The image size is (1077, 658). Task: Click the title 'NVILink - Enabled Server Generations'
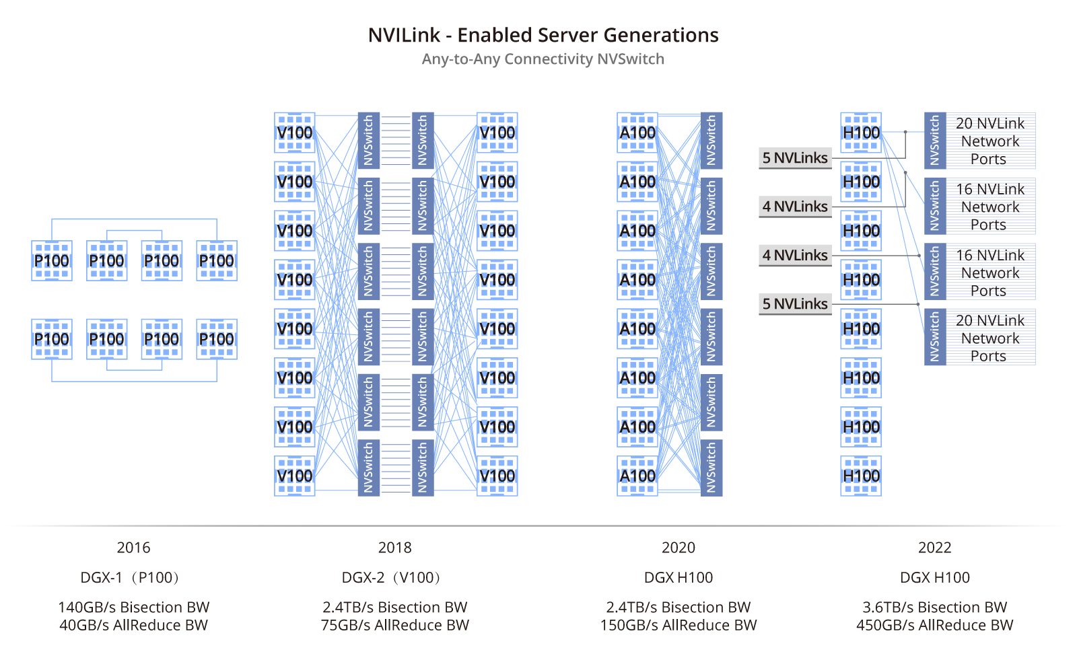coord(543,35)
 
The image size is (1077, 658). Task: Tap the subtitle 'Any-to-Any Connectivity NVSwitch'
coord(543,59)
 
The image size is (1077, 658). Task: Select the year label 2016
coord(133,548)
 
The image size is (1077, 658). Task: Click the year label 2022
coord(934,548)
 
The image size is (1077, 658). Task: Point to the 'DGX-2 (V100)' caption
coord(394,577)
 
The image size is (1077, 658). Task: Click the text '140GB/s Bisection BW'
coord(133,607)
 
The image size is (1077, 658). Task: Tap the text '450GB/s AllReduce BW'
coord(934,625)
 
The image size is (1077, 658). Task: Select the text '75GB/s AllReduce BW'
coord(394,625)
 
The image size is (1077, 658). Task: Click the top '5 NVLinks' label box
coord(795,158)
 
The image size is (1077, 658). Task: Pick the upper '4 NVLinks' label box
coord(795,207)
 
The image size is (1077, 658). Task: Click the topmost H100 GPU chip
coord(861,133)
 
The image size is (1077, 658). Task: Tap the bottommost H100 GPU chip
coord(861,476)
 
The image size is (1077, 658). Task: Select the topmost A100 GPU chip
coord(637,133)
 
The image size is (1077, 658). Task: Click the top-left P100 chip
coord(52,260)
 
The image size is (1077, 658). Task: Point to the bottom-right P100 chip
coord(216,339)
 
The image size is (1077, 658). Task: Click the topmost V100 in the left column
coord(295,133)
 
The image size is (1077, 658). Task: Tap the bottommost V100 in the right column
coord(497,476)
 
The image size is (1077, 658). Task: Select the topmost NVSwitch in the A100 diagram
coord(711,140)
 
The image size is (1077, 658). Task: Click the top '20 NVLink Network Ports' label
coord(989,141)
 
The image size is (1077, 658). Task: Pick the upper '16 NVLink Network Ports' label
coord(989,207)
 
